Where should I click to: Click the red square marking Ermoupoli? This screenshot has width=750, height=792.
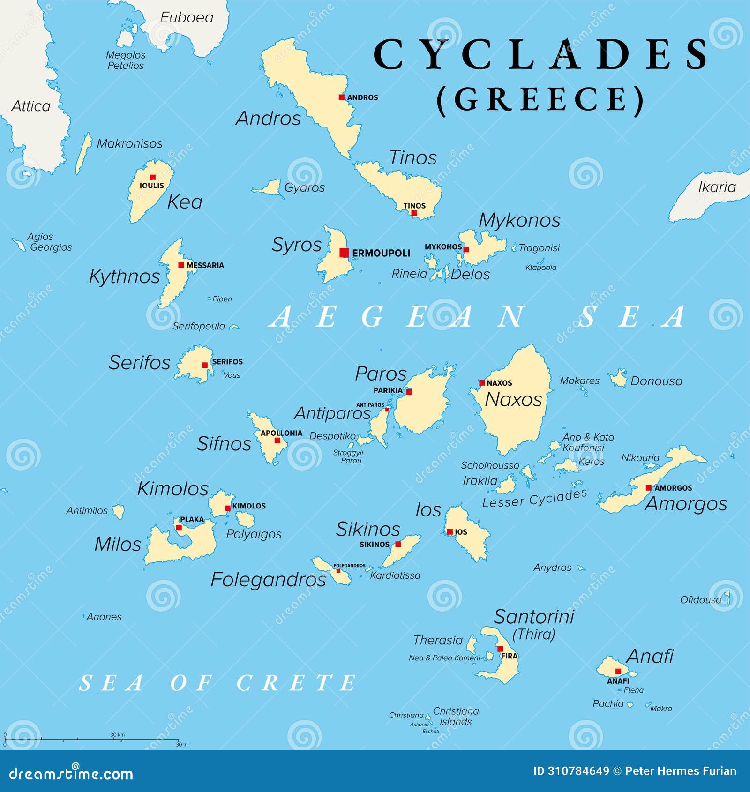(344, 253)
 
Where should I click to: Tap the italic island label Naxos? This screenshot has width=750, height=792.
(513, 399)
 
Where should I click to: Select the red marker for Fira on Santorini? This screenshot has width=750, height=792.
(500, 649)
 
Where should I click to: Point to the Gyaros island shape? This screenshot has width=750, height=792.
(269, 188)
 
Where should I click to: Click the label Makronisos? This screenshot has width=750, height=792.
(129, 143)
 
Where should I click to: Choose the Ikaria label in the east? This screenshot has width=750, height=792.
(717, 187)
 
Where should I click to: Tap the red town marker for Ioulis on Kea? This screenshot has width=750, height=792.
(152, 177)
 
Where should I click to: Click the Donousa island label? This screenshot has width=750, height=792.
(656, 381)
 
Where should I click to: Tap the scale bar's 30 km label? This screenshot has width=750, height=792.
(117, 734)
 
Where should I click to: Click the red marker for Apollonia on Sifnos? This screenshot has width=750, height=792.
(277, 441)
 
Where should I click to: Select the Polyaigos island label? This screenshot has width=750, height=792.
(254, 534)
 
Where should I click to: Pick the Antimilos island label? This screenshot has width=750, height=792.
(87, 510)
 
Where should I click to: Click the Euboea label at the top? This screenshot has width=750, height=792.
(187, 17)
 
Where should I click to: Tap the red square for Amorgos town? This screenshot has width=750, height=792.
(648, 487)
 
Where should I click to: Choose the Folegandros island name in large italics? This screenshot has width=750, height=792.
(268, 580)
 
